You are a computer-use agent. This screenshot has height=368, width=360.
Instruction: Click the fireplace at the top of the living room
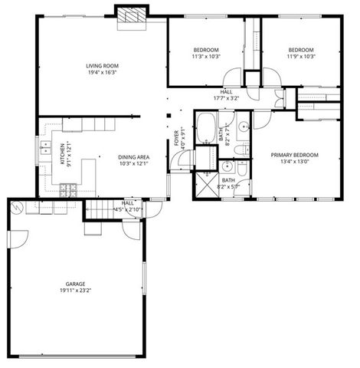[132, 16]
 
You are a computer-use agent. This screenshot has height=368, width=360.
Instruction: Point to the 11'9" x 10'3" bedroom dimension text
[302, 56]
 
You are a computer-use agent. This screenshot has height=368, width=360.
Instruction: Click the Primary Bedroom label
[295, 155]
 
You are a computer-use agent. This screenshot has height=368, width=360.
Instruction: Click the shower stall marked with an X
[205, 185]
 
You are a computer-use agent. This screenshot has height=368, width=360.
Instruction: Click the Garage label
[74, 284]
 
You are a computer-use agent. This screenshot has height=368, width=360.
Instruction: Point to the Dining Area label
[133, 157]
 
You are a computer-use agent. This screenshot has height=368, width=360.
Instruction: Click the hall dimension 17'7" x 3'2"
[226, 97]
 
